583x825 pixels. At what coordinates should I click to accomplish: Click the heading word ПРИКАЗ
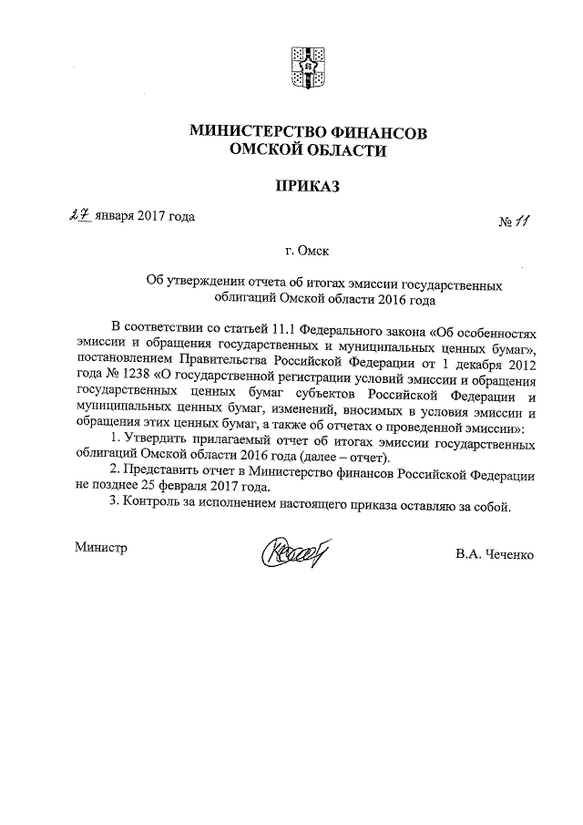tap(307, 186)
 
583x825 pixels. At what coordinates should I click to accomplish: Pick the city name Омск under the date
tap(315, 250)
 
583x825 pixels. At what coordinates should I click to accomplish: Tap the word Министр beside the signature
tap(99, 547)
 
